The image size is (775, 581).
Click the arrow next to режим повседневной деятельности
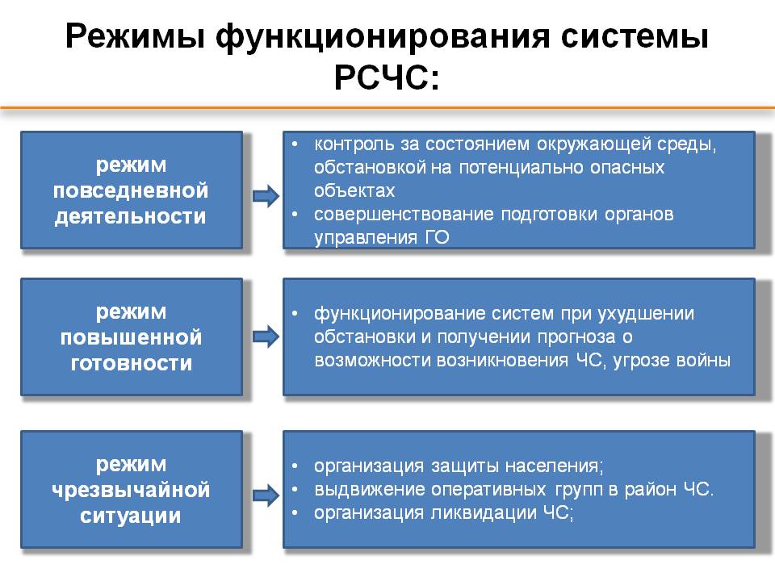click(x=266, y=196)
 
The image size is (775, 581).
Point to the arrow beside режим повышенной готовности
click(x=266, y=337)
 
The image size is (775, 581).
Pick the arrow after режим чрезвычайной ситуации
click(x=266, y=495)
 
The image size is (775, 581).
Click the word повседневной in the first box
click(x=131, y=190)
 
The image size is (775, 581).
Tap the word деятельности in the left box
click(x=131, y=217)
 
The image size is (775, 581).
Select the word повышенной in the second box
click(x=131, y=337)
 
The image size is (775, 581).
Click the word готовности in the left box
click(x=132, y=363)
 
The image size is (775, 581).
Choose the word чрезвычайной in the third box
click(x=131, y=490)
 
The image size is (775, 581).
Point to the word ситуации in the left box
click(x=131, y=516)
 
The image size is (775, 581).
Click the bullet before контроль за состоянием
click(x=295, y=144)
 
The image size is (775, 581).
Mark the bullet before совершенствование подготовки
click(x=295, y=215)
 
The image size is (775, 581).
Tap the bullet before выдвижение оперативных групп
click(x=295, y=490)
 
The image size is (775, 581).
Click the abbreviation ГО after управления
click(x=437, y=237)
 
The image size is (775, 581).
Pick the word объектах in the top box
click(x=354, y=190)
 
